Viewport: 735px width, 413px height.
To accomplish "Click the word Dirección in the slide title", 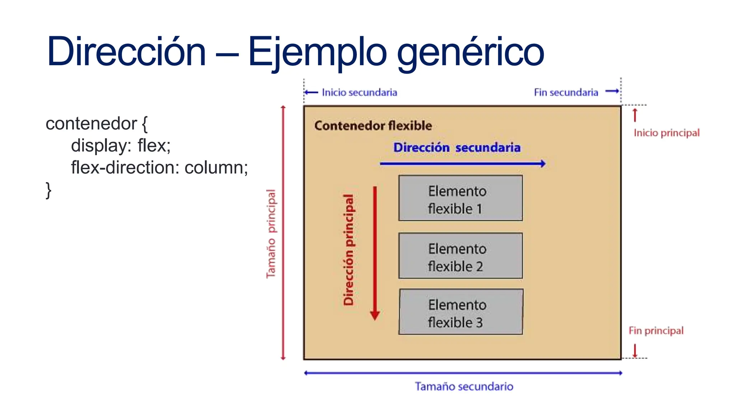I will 126,52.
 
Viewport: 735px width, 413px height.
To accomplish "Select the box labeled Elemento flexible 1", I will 460,198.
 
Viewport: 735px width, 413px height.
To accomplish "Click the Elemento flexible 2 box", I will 460,256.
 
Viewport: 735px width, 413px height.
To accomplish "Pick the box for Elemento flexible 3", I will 461,312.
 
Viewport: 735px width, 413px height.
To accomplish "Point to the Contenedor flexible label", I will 373,126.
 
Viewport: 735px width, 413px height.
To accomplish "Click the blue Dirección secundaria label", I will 457,148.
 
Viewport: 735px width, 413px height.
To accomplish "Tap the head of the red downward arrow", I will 375,315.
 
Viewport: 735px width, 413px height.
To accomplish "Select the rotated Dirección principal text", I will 348,250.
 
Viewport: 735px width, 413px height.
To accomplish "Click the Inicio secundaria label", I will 359,92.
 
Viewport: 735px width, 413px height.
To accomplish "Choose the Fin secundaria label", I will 566,92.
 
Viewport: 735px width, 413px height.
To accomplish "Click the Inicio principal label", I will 666,133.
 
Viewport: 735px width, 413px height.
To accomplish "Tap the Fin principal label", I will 656,331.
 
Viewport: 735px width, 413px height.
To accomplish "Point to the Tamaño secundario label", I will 464,386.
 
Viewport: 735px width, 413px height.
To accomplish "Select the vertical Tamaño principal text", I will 271,234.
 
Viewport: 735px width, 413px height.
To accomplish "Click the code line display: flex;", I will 121,146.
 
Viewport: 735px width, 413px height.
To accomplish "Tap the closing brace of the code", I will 48,190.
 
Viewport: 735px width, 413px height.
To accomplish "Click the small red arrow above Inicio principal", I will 635,115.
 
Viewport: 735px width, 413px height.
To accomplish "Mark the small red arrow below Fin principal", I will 635,351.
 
